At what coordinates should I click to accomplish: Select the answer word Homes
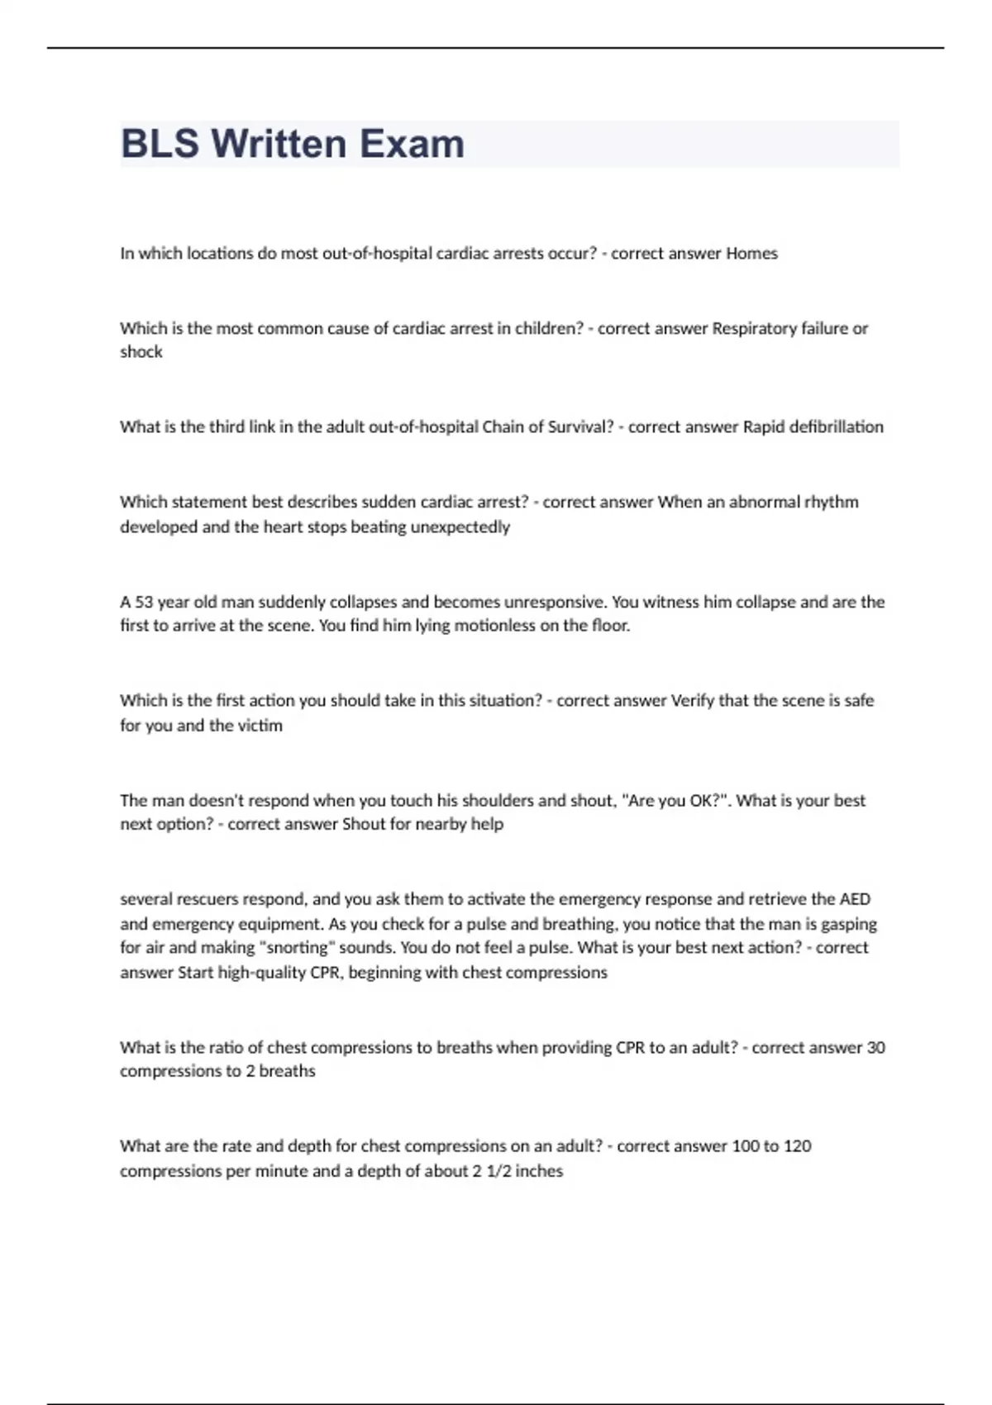coord(751,254)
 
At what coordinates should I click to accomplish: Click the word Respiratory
coord(755,328)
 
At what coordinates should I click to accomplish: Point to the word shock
coord(141,352)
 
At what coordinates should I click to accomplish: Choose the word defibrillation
coord(836,427)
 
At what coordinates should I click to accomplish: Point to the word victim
coord(260,726)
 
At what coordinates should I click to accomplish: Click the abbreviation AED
coord(855,899)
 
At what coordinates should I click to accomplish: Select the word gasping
coord(847,924)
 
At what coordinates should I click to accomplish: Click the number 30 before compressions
coord(875,1048)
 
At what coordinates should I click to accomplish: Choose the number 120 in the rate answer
coord(797,1146)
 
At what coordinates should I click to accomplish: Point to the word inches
coord(539,1171)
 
